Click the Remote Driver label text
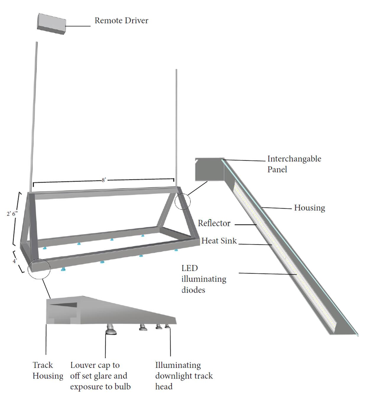(x=121, y=21)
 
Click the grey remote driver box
(x=51, y=24)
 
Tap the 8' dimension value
(x=104, y=180)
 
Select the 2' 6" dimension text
(x=12, y=213)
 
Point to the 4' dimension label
(x=15, y=261)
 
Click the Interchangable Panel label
(x=294, y=164)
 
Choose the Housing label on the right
(x=309, y=208)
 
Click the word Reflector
(x=214, y=223)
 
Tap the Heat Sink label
(x=219, y=241)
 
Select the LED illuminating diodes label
(x=203, y=279)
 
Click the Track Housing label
(x=48, y=371)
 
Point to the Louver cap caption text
(x=100, y=376)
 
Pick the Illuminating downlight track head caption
(x=184, y=376)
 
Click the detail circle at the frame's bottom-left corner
(x=39, y=268)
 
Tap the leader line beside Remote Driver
(x=78, y=26)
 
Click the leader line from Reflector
(x=245, y=225)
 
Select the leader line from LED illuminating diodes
(x=267, y=274)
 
